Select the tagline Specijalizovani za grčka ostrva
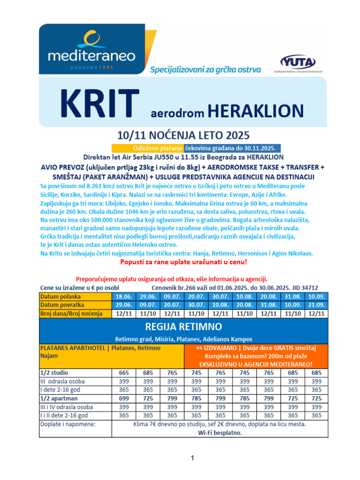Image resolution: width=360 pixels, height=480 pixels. point(205,70)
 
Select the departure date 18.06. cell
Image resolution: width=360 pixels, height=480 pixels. point(123,297)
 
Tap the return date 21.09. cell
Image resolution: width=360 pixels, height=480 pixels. point(316,305)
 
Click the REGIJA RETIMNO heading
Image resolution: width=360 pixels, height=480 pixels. point(183,326)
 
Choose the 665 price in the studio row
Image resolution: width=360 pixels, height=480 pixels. point(123,373)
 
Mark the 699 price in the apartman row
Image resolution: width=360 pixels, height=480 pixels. point(123,398)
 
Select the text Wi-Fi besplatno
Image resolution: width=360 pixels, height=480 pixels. point(219,433)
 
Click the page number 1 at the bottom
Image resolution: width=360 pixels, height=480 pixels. point(192,458)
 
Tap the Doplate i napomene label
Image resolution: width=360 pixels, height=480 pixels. point(68,424)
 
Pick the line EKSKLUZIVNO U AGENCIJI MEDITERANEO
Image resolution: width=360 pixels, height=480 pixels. point(256,364)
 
